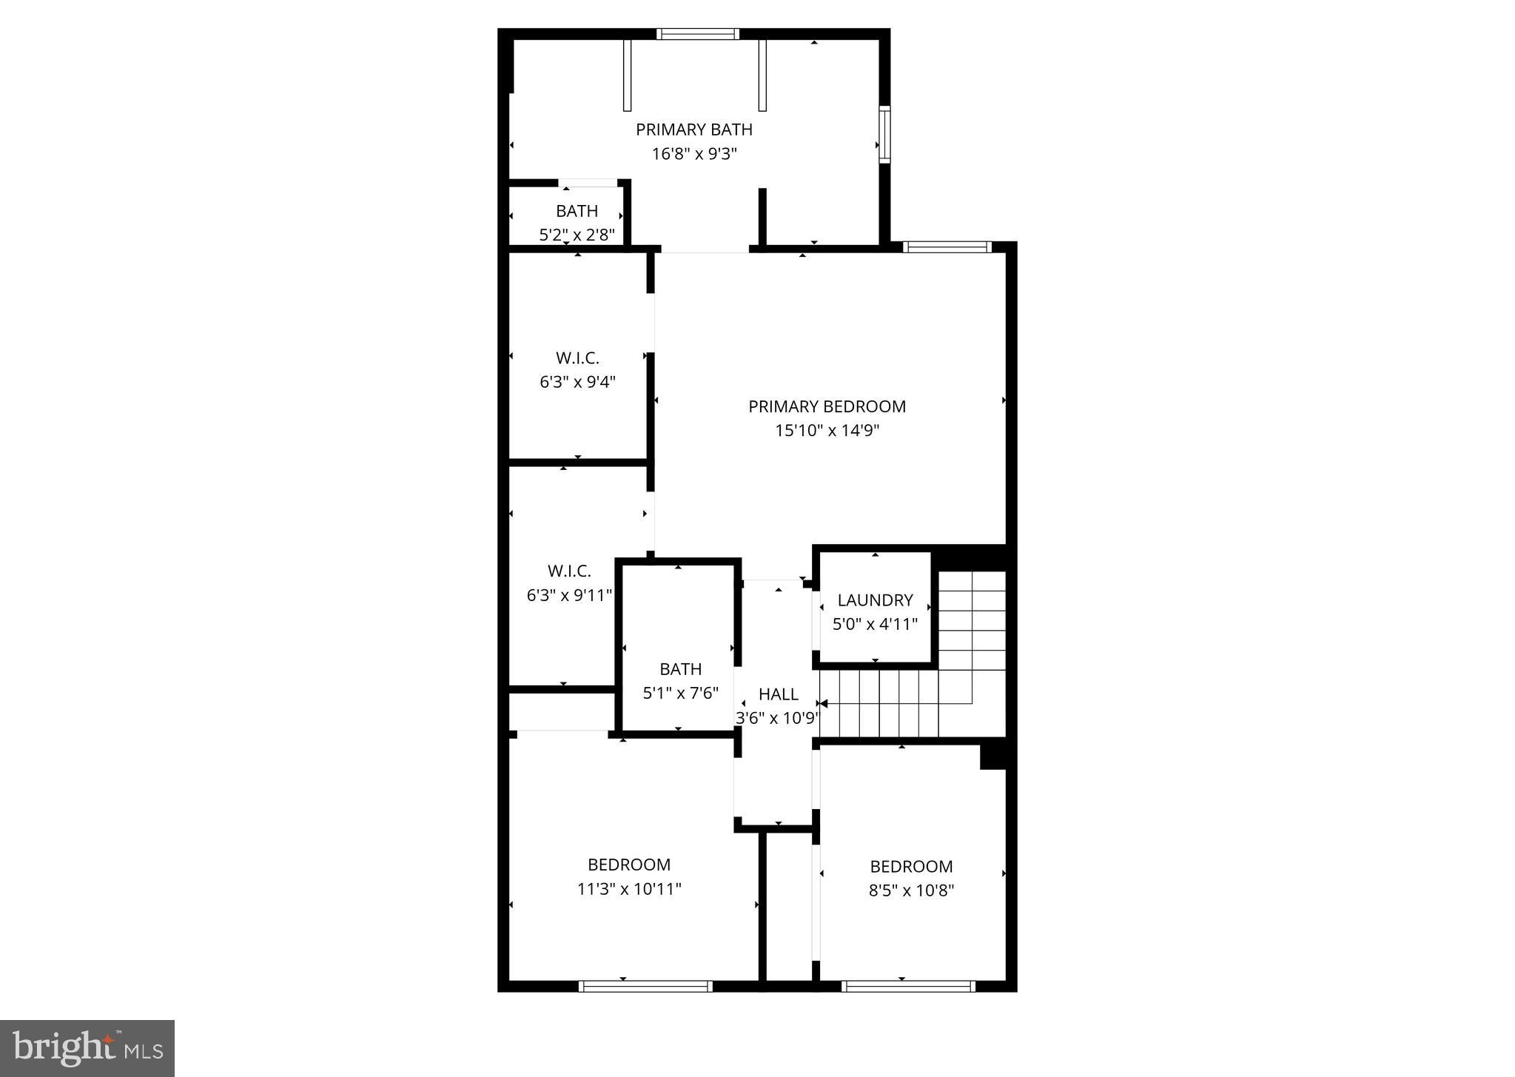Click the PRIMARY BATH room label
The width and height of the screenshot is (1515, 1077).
693,130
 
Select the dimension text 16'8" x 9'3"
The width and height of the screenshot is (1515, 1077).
693,154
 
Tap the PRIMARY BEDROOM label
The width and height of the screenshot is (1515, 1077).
827,406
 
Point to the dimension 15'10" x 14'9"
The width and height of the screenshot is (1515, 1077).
827,430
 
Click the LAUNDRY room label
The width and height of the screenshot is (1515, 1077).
875,600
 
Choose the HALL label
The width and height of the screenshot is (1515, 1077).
778,694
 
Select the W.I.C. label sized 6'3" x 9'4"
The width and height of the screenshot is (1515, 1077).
577,358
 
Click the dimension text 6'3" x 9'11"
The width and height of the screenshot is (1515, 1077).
569,595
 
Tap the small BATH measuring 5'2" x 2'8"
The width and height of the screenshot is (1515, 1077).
577,211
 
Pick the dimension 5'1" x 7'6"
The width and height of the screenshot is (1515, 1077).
680,694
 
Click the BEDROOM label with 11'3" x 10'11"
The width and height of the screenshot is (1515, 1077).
629,865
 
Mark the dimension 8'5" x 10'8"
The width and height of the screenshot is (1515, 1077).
911,890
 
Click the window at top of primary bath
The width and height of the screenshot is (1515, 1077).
697,33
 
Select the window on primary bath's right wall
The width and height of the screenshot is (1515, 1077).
884,134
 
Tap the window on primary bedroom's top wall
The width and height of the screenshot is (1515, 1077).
947,247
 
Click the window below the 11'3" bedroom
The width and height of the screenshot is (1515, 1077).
645,986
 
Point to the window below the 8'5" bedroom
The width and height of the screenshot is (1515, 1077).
908,986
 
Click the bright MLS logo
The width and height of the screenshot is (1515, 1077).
87,1047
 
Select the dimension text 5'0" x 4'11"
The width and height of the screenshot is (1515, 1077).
875,624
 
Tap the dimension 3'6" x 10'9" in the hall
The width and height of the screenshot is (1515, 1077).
777,718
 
